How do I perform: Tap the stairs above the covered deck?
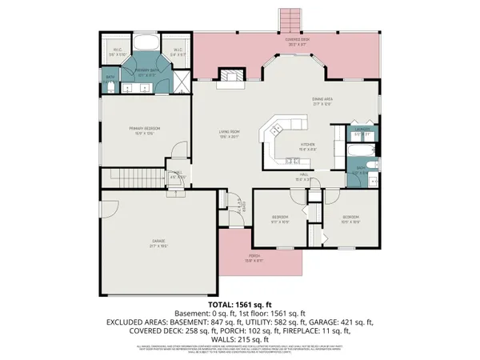click(x=287, y=18)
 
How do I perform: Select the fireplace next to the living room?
click(x=232, y=77)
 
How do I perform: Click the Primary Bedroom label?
click(x=144, y=129)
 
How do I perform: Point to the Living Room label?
click(x=230, y=133)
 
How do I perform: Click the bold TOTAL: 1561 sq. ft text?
click(x=240, y=305)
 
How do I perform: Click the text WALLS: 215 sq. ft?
click(x=240, y=336)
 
